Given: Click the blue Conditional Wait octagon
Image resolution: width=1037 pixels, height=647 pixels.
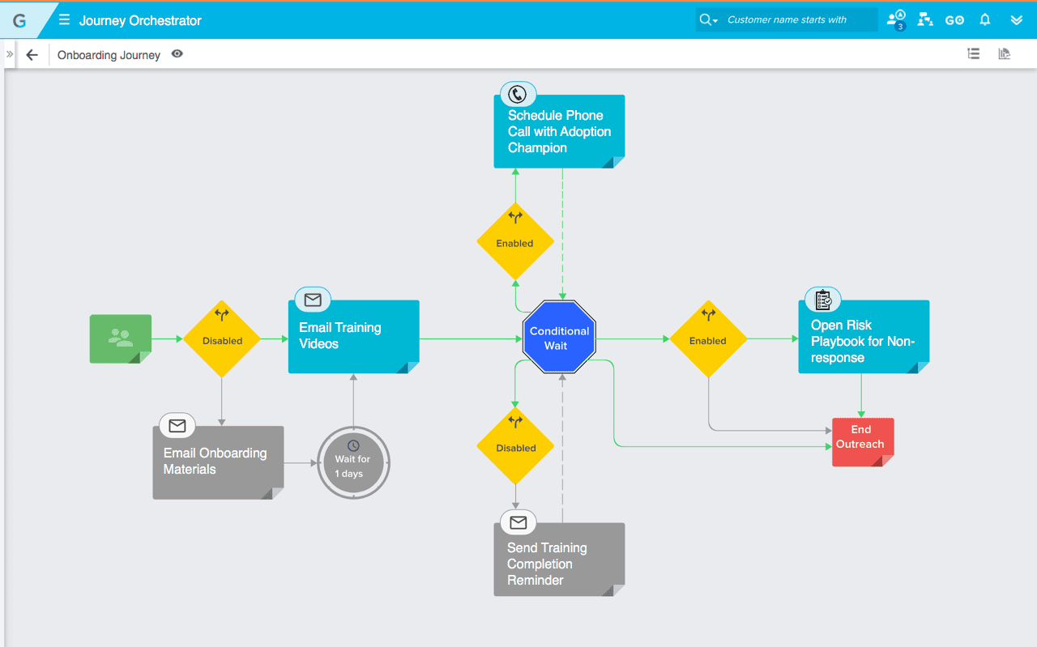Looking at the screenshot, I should click(x=559, y=338).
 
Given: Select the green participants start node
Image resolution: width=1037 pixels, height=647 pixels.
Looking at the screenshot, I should click(x=120, y=338).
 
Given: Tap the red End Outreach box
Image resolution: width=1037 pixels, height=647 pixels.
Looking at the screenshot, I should click(x=862, y=441).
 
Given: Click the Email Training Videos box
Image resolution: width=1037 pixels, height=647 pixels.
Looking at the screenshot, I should click(x=353, y=337).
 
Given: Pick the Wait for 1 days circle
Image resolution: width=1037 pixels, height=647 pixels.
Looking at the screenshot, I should click(x=353, y=462).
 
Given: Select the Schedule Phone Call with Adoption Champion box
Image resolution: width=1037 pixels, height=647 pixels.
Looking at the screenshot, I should click(x=558, y=132).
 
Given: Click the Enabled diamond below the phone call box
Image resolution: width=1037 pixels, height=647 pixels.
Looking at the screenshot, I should click(x=515, y=242).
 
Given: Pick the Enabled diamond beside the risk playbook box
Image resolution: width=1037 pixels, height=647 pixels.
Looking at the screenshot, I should click(x=708, y=340).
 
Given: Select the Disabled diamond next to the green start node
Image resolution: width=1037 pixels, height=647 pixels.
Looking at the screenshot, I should click(x=222, y=340).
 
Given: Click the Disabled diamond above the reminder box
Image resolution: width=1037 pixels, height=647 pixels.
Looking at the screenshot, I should click(x=515, y=447).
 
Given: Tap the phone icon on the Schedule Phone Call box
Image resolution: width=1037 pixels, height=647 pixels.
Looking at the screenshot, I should click(x=517, y=95).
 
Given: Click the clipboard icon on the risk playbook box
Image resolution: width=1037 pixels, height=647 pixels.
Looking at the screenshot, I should click(x=823, y=300).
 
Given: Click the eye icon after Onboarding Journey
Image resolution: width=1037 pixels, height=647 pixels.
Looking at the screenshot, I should click(x=177, y=54).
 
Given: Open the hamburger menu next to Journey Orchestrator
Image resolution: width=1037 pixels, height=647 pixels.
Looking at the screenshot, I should click(x=64, y=20).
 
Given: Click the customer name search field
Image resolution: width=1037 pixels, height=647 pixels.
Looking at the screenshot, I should click(x=798, y=20).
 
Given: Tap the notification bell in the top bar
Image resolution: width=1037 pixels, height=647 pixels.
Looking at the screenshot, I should click(x=985, y=20).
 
